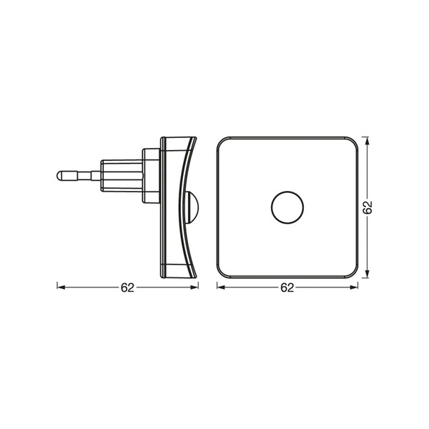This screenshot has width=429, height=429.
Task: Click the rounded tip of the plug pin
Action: point(58,176)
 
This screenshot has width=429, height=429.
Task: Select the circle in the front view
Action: point(287,207)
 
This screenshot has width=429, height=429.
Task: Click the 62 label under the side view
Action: point(127,287)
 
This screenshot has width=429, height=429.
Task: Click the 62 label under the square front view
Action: point(287,287)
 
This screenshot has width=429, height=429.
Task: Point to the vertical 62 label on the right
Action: point(368,207)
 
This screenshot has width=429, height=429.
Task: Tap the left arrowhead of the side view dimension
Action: point(61,287)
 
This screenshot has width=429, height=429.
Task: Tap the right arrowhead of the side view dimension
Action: point(194,287)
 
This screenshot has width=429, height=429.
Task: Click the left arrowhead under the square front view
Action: point(220,287)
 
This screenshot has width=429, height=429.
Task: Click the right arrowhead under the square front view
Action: point(354,287)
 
